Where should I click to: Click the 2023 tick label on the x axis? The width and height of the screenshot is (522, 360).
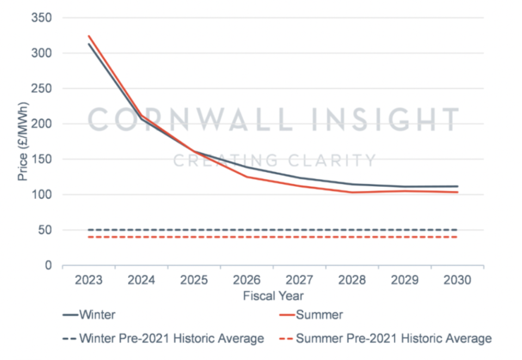pos(89,280)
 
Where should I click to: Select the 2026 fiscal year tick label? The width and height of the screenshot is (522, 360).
pos(247,280)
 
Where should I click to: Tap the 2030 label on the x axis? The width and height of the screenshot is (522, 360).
pos(458,280)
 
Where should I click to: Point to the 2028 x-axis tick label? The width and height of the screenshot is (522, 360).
pos(352,280)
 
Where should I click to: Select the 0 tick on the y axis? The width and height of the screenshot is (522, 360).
pos(48,265)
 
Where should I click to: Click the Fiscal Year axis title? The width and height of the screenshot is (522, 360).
pos(273,296)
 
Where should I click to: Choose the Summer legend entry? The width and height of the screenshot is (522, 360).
pos(318,315)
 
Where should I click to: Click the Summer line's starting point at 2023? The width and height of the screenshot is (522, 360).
pos(89,36)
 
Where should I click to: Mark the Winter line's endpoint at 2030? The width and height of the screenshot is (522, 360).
pos(457,186)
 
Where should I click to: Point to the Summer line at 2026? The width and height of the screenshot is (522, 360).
pos(247,176)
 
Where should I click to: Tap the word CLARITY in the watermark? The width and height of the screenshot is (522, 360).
pos(336,161)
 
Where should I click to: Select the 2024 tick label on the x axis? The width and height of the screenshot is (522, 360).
pos(141,280)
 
